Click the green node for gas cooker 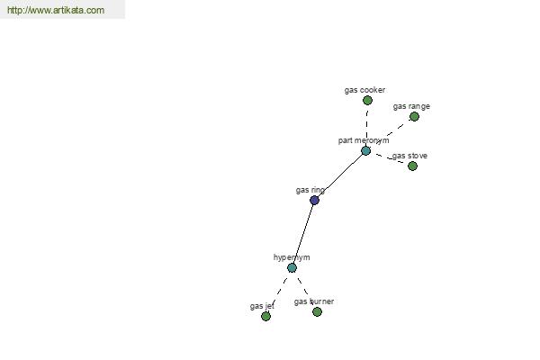[x=367, y=100]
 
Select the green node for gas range [x=414, y=116]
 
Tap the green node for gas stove [x=412, y=166]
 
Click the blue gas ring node [x=314, y=200]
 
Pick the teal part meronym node [x=365, y=150]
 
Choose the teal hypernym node [x=292, y=267]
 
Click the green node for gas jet [x=265, y=316]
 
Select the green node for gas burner [x=317, y=311]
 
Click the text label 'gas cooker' [x=364, y=90]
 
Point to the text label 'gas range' [x=411, y=106]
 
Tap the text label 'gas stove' [x=409, y=156]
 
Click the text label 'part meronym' [x=364, y=140]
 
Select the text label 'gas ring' [x=310, y=190]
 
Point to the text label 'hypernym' [x=292, y=257]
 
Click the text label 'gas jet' [x=262, y=306]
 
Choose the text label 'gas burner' [x=314, y=301]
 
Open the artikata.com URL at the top [x=56, y=10]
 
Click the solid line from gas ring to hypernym [x=303, y=234]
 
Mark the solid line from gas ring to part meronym [x=340, y=175]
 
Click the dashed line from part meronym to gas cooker [x=367, y=125]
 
